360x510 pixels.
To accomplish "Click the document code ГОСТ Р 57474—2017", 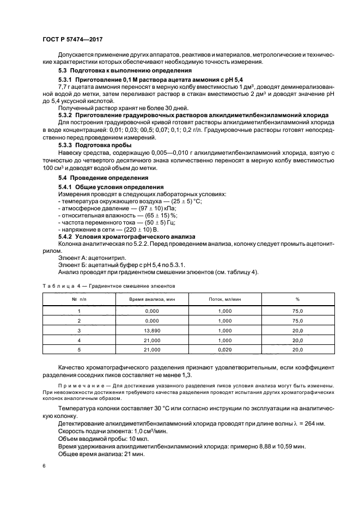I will click(x=72, y=40).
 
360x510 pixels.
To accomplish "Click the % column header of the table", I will click(x=298, y=300).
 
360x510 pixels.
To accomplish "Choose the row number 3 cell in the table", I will click(x=79, y=330).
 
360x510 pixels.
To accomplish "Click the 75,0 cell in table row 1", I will click(x=298, y=311).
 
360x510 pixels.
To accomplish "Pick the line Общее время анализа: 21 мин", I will click(x=94, y=454).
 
